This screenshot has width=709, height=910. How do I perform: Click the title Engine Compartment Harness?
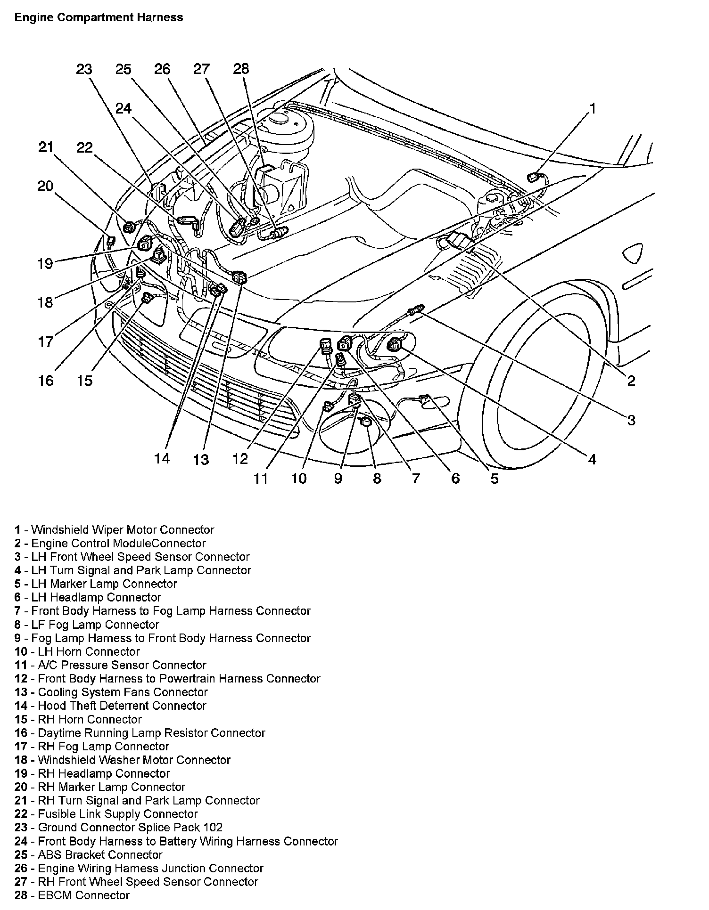[x=99, y=18]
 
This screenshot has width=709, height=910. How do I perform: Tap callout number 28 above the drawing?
[x=241, y=69]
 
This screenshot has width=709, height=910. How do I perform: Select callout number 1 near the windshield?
[x=593, y=109]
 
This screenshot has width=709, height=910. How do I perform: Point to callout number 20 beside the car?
[x=46, y=187]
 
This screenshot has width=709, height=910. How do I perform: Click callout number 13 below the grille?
[x=201, y=459]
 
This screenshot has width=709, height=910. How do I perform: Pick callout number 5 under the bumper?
[x=494, y=479]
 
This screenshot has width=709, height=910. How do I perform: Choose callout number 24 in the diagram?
[x=124, y=109]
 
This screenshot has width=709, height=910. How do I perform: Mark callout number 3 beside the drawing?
[x=631, y=420]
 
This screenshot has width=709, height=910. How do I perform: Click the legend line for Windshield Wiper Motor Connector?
[x=114, y=530]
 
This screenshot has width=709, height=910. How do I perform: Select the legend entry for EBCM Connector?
[x=72, y=895]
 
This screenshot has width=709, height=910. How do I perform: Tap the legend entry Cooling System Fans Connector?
[x=111, y=692]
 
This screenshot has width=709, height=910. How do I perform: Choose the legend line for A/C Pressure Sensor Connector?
[x=110, y=665]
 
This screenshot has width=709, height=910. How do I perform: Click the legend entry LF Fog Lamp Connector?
[x=87, y=625]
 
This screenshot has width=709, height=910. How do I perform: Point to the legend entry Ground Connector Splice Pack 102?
[x=118, y=828]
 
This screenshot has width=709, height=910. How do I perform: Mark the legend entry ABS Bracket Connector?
[x=89, y=855]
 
